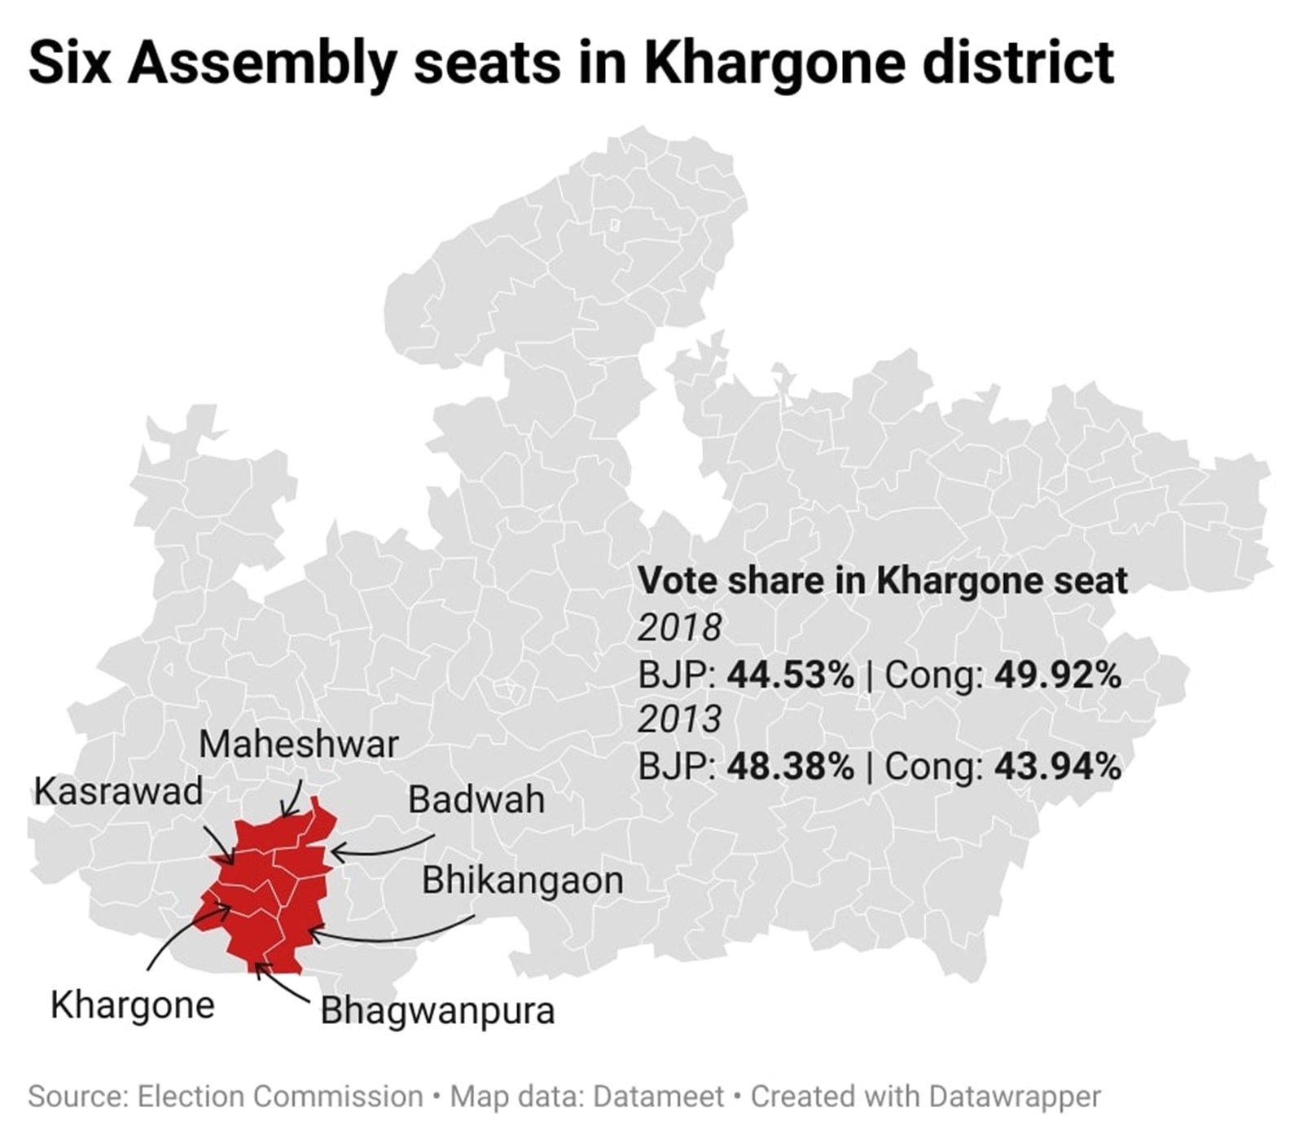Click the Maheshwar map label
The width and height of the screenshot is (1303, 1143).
tap(298, 745)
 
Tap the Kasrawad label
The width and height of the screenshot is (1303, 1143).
tap(118, 791)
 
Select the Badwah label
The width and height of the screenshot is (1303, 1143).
tap(476, 799)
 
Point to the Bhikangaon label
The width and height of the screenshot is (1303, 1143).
tap(523, 881)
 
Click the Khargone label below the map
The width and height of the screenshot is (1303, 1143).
tap(133, 1005)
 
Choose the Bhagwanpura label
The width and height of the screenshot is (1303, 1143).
tap(437, 1011)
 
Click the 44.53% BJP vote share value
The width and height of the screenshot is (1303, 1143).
tap(791, 675)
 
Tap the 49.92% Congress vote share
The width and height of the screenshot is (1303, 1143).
tap(1058, 675)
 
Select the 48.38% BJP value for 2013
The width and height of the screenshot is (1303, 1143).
tap(791, 767)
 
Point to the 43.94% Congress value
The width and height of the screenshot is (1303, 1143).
tap(1058, 767)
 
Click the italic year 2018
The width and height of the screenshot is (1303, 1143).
tap(679, 628)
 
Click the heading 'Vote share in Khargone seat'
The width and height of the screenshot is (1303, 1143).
tap(883, 581)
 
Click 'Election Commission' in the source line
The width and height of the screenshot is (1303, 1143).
tap(280, 1097)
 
